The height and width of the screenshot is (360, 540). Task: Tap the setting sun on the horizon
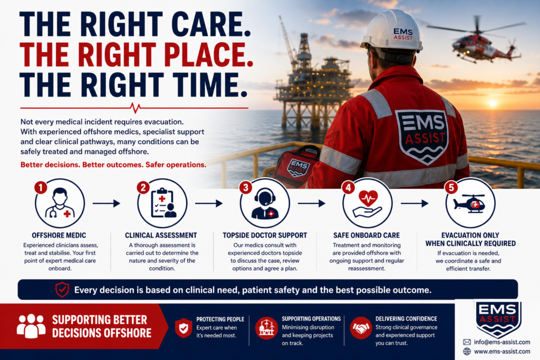pos(493,103)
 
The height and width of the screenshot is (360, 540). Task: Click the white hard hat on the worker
pos(392,32)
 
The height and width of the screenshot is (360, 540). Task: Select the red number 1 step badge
pos(41,188)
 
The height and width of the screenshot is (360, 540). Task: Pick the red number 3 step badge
pos(246,188)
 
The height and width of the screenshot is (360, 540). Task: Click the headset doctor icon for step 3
pos(265,204)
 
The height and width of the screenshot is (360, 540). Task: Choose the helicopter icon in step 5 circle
pos(470,203)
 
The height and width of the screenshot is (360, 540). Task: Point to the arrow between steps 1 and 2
pos(107,203)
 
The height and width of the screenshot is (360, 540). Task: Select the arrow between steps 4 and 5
pos(414,203)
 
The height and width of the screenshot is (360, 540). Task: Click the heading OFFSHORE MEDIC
pos(59,236)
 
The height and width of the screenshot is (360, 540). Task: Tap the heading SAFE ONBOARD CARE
pos(367,236)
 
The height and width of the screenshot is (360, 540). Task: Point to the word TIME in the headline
pos(206,84)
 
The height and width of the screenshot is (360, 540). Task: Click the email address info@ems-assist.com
pos(502,342)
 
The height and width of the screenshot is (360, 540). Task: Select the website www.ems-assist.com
pos(502,352)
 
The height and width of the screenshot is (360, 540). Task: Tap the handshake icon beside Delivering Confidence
pos(361,328)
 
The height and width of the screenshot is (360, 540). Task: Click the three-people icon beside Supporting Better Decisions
pos(31,325)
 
